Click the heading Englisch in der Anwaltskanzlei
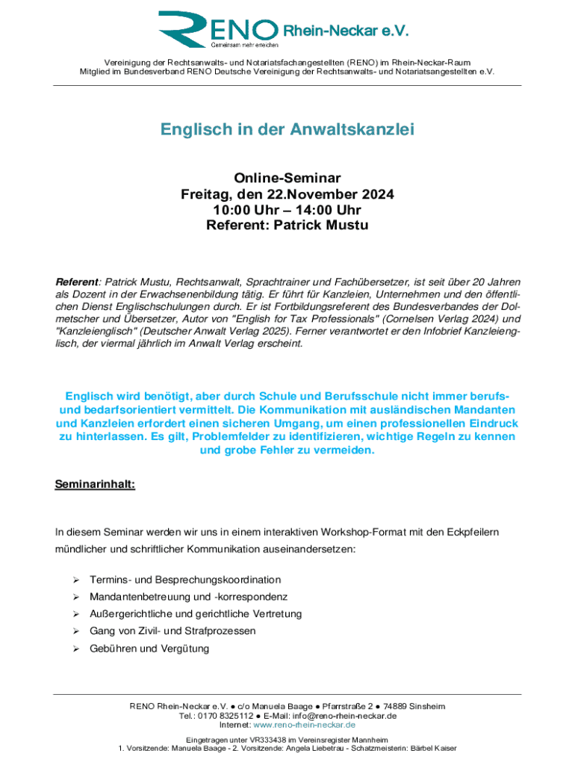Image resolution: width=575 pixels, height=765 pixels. click(287, 130)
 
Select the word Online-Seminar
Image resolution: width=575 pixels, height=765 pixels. click(287, 178)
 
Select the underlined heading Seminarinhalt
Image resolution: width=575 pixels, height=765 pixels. click(95, 484)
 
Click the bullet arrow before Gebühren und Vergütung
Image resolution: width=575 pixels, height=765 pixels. click(75, 648)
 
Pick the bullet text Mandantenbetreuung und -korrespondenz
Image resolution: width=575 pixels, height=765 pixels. click(188, 597)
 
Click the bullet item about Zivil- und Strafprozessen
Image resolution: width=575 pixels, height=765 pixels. click(172, 631)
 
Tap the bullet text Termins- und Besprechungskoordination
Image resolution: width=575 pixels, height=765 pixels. click(185, 580)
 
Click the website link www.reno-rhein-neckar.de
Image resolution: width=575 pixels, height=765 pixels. click(305, 725)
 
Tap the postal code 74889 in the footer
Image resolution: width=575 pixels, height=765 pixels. click(391, 706)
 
